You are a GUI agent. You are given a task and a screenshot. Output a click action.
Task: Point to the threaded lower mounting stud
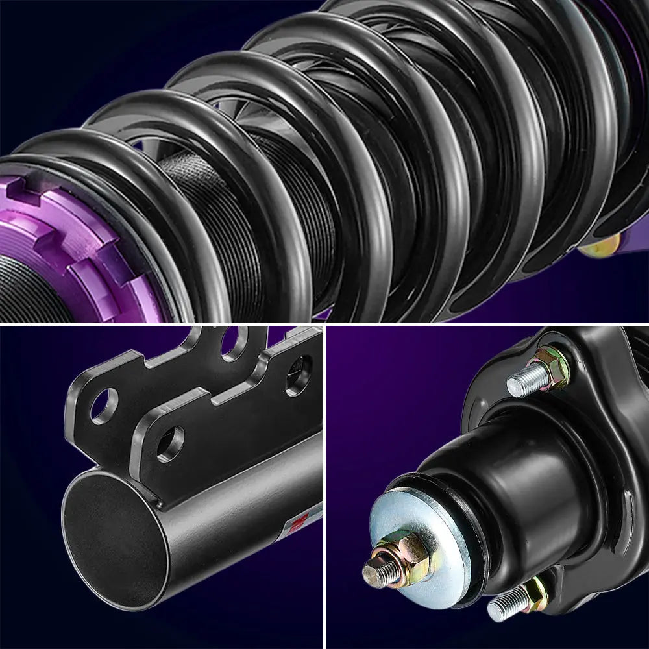pos(503,607)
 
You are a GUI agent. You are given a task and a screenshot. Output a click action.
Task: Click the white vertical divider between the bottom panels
pos(324,487)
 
